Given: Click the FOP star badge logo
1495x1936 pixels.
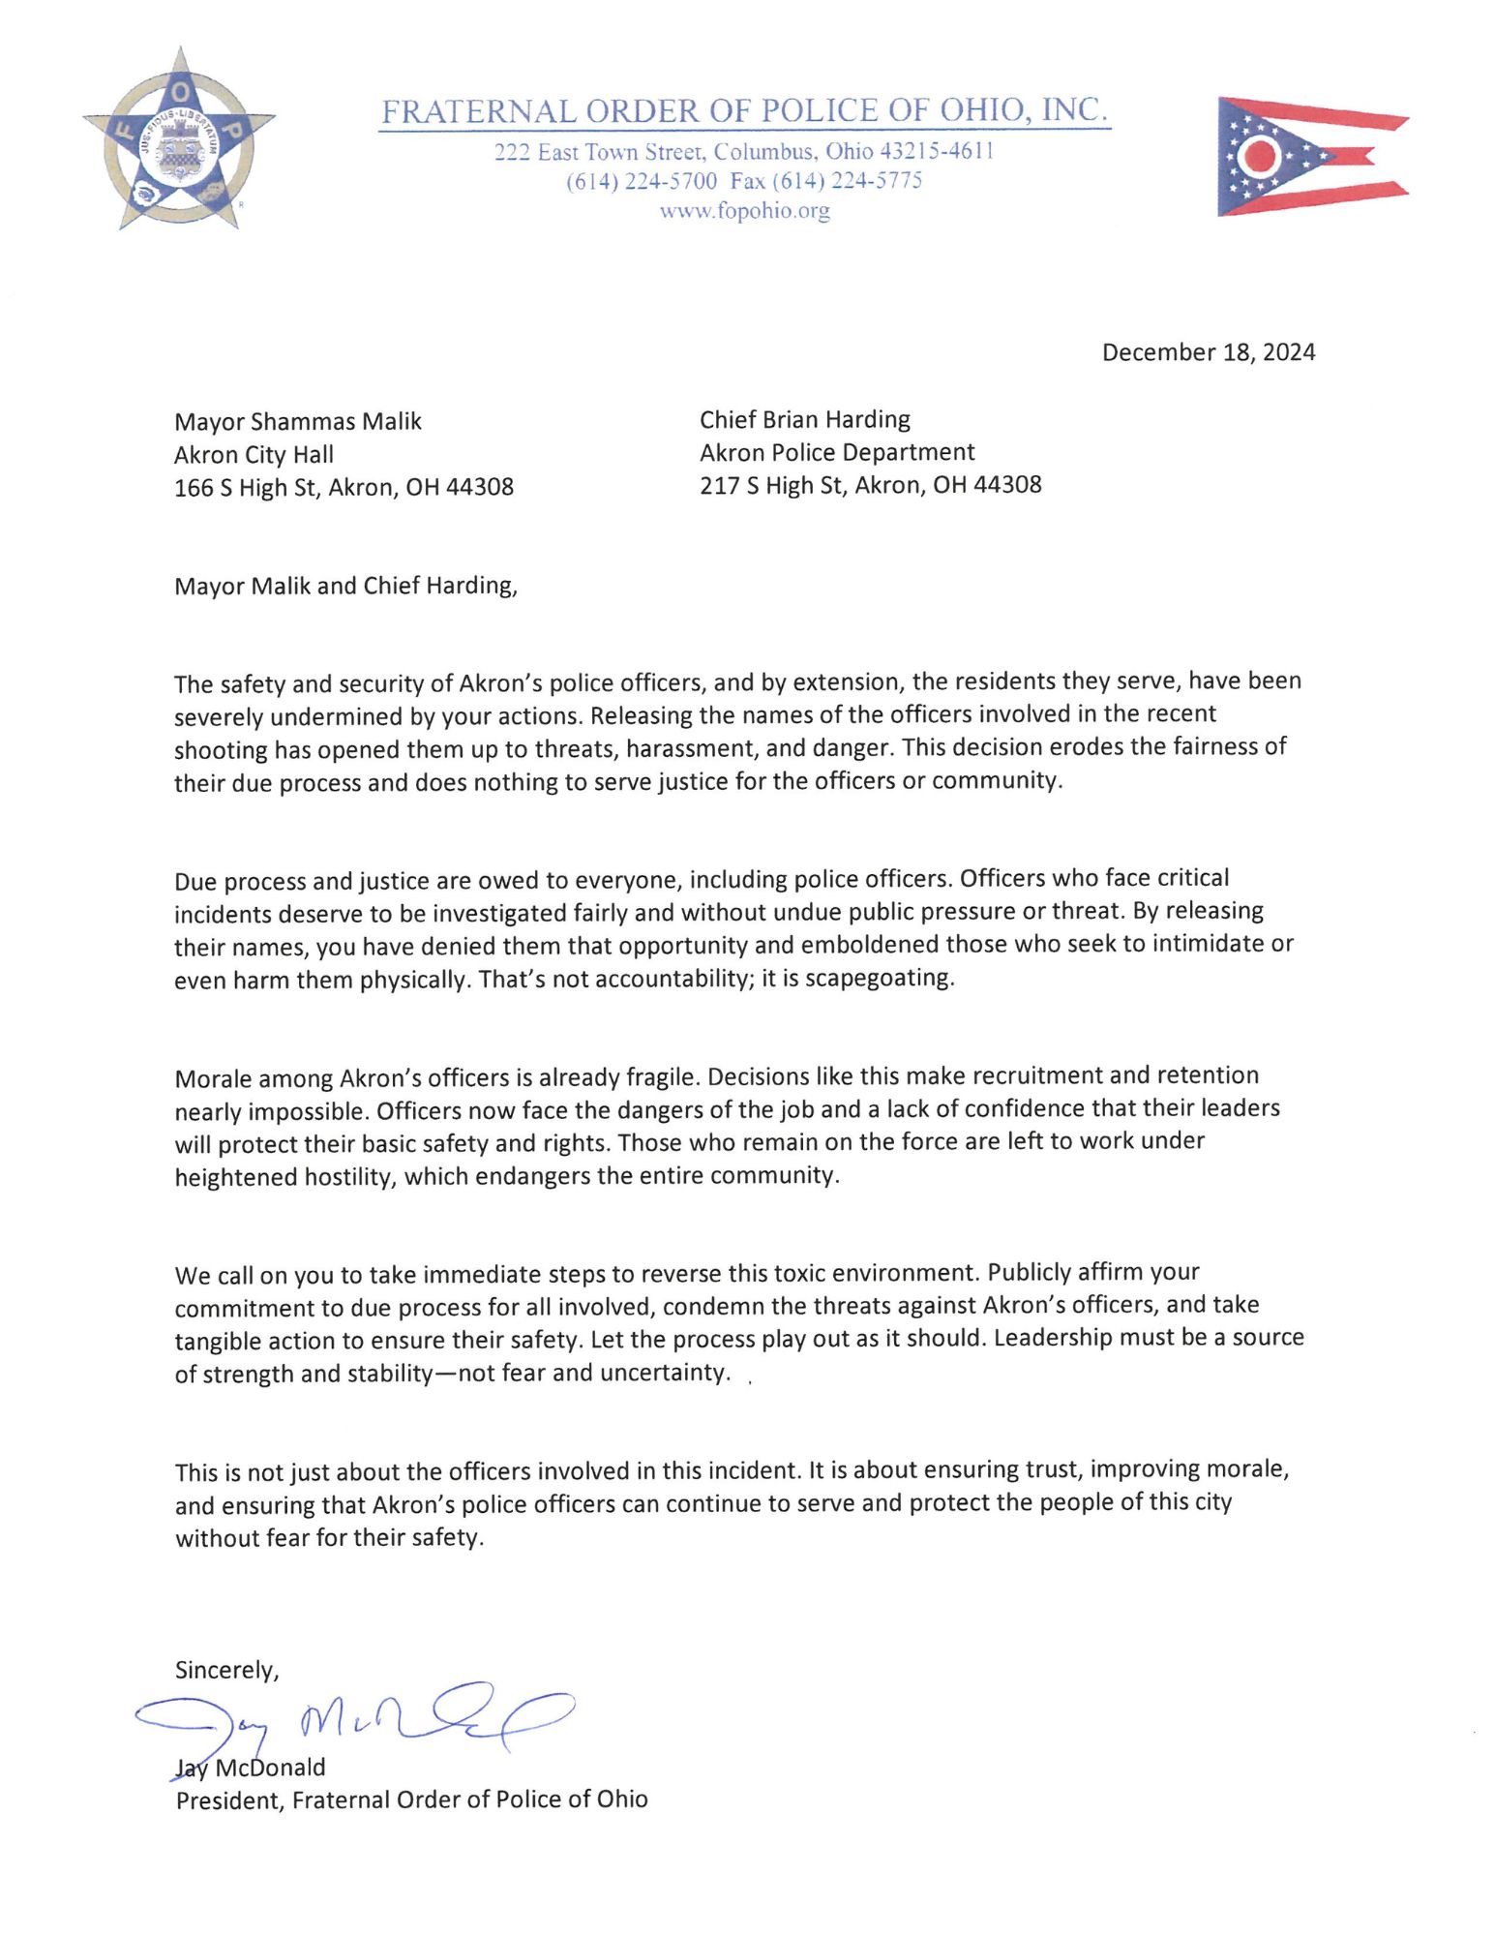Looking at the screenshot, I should tap(178, 140).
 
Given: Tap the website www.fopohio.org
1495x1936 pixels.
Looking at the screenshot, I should tap(744, 210).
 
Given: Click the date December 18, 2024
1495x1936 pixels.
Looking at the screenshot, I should tap(1208, 351).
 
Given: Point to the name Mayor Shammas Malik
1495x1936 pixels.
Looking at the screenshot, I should tap(297, 421).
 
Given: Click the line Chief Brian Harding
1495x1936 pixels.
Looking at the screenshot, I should tap(804, 419).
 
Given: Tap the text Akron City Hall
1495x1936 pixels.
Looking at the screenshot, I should tap(254, 454).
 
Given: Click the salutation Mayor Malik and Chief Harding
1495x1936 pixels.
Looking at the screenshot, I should tap(345, 586).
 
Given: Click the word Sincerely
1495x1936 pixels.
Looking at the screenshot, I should tap(226, 1669).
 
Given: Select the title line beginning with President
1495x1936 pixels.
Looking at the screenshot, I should tap(411, 1800).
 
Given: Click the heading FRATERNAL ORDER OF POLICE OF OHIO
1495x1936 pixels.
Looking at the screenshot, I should tap(743, 110).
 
